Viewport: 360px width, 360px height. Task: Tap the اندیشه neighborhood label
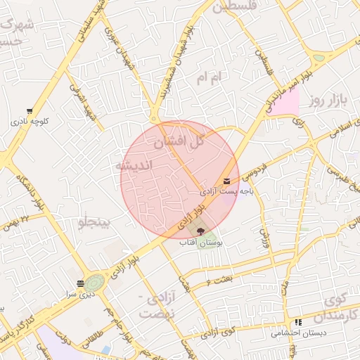[x=132, y=166]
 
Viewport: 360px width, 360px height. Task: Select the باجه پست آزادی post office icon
[x=226, y=181]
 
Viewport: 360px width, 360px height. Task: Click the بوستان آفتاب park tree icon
[x=200, y=231]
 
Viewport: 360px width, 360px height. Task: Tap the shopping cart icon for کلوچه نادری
[x=29, y=111]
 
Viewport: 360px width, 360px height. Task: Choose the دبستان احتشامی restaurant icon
[x=299, y=321]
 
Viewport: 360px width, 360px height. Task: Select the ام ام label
[x=210, y=77]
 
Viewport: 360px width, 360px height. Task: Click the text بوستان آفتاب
[x=200, y=243]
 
